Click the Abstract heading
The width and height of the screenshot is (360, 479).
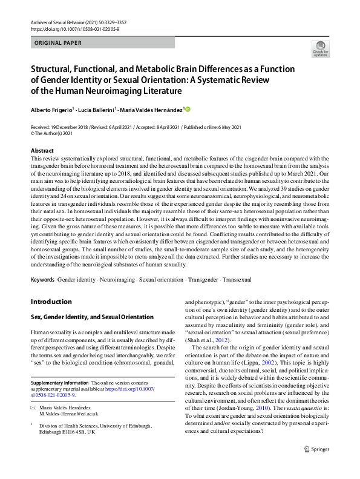(42, 150)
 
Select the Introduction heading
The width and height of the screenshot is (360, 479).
(51, 302)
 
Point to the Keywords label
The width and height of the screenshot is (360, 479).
(42, 281)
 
